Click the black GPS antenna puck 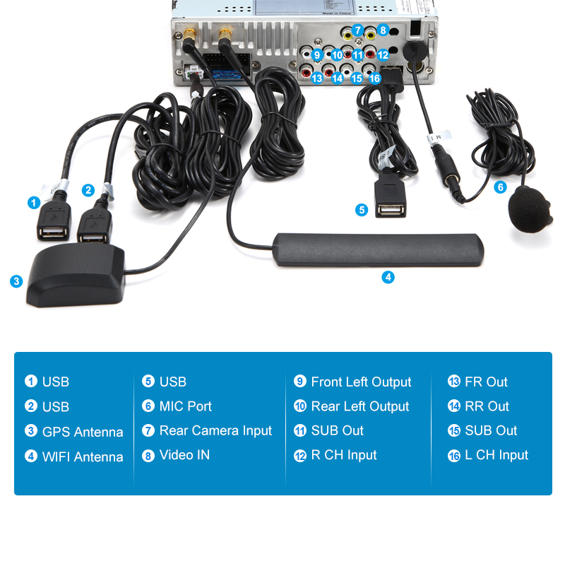pyautogui.click(x=76, y=276)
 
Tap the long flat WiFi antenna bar pyautogui.click(x=379, y=250)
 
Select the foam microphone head pyautogui.click(x=530, y=209)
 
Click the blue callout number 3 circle pyautogui.click(x=16, y=281)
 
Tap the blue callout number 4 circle pyautogui.click(x=388, y=277)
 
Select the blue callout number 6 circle pyautogui.click(x=501, y=187)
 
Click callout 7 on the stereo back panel pyautogui.click(x=358, y=30)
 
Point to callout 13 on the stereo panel pyautogui.click(x=317, y=78)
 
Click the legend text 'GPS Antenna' pyautogui.click(x=83, y=432)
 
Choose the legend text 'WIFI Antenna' pyautogui.click(x=83, y=457)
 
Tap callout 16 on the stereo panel pyautogui.click(x=374, y=78)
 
